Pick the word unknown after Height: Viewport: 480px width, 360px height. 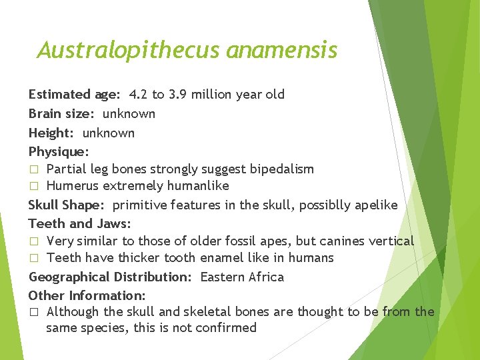[x=108, y=133]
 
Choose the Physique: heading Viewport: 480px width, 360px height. [x=59, y=152]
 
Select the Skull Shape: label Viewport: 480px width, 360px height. [x=67, y=205]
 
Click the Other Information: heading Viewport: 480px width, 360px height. [x=87, y=295]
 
